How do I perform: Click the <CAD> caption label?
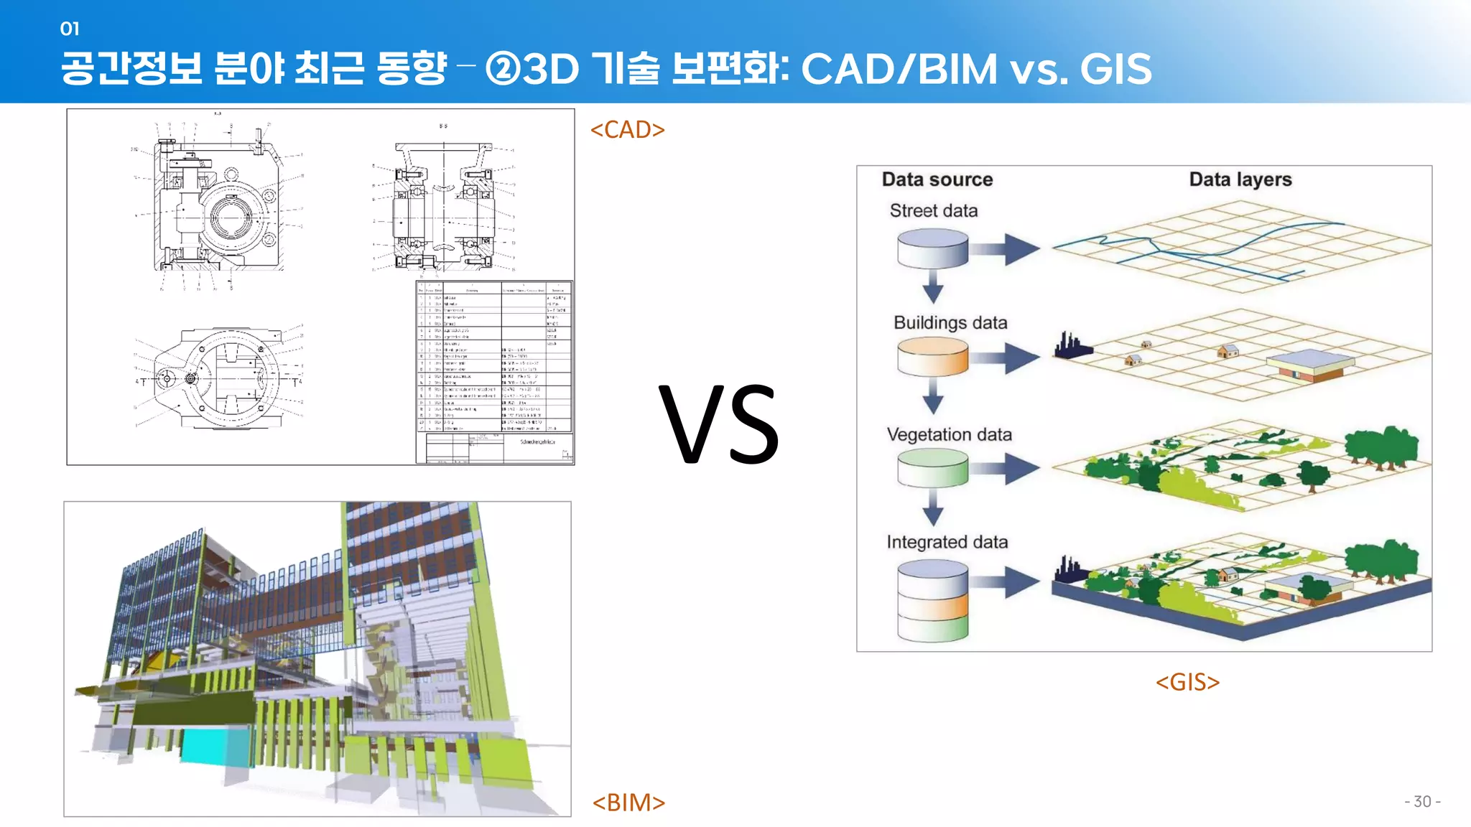click(x=627, y=130)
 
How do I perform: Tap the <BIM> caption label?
click(x=628, y=803)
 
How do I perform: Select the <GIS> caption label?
click(x=1187, y=682)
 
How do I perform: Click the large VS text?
click(x=719, y=425)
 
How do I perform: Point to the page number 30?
click(x=1422, y=802)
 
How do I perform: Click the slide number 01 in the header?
click(x=70, y=29)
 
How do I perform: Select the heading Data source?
click(x=937, y=179)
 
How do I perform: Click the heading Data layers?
click(x=1240, y=179)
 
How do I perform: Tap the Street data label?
click(x=933, y=211)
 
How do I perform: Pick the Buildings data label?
click(x=950, y=323)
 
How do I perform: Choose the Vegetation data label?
click(x=949, y=435)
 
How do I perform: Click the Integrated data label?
click(x=947, y=542)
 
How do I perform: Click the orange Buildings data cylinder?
click(x=932, y=357)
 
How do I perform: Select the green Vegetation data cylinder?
click(x=932, y=468)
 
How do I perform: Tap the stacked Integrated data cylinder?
click(x=932, y=601)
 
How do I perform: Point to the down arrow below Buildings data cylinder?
click(x=932, y=397)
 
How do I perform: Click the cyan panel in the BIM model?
click(x=215, y=747)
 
